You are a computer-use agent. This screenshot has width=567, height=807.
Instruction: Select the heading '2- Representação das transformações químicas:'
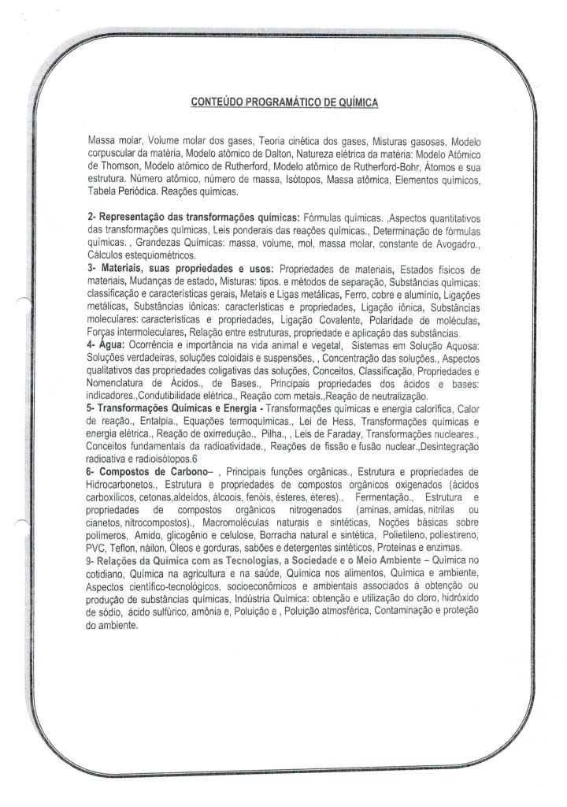coord(194,216)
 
